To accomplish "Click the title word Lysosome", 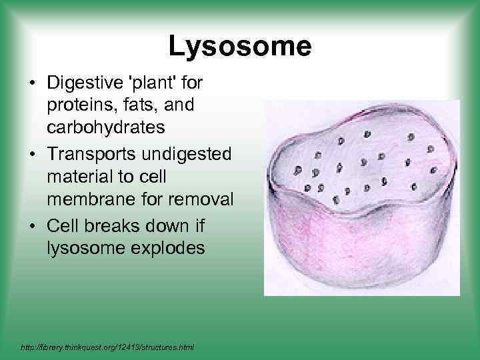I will [x=239, y=47].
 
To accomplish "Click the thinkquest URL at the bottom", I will [x=107, y=347].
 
